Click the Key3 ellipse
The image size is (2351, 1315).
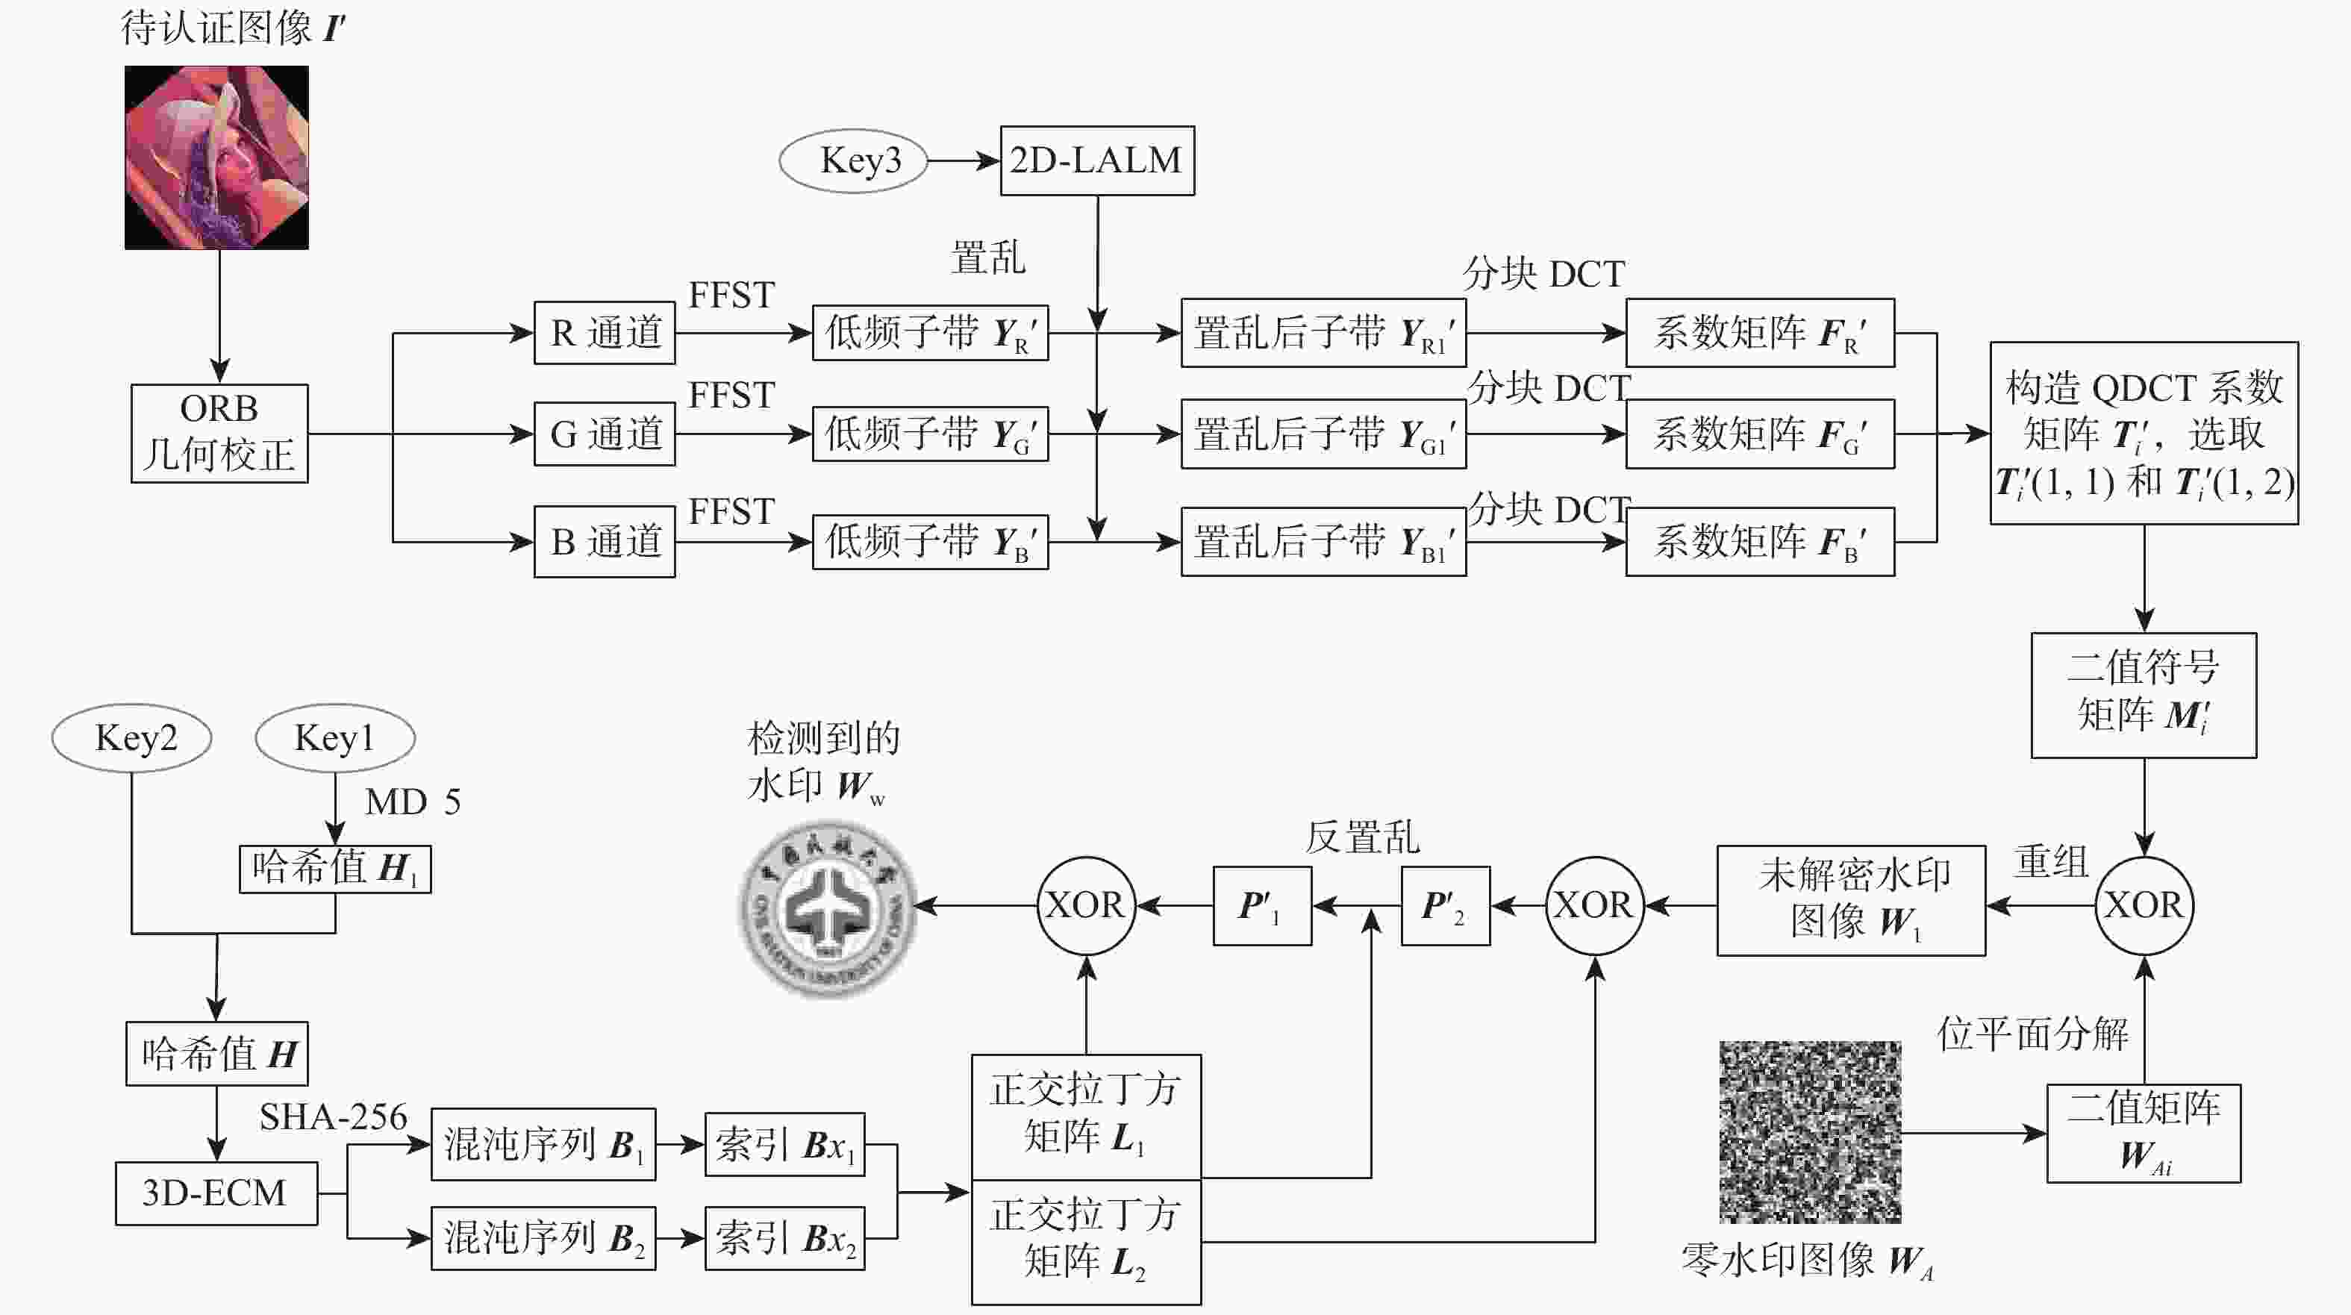[x=853, y=160]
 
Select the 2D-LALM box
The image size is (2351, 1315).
[x=1097, y=160]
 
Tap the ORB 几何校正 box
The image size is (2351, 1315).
[x=219, y=433]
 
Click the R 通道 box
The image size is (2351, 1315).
[x=605, y=333]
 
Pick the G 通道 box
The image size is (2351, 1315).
[x=605, y=434]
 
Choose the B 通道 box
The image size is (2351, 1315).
[x=605, y=542]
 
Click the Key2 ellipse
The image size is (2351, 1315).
[x=131, y=737]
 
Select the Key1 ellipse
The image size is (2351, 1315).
[x=335, y=737]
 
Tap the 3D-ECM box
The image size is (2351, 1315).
[x=216, y=1193]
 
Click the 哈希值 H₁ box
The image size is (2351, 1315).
[x=335, y=869]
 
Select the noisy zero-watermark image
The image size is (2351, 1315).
[x=1810, y=1131]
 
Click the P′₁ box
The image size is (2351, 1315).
[x=1262, y=906]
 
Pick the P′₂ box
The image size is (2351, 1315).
[x=1446, y=906]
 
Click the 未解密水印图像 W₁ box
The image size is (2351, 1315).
[x=1851, y=901]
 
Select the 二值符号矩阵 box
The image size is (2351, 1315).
[x=2144, y=696]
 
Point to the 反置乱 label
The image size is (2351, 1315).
[x=1361, y=837]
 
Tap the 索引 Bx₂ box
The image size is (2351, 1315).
[x=785, y=1238]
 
